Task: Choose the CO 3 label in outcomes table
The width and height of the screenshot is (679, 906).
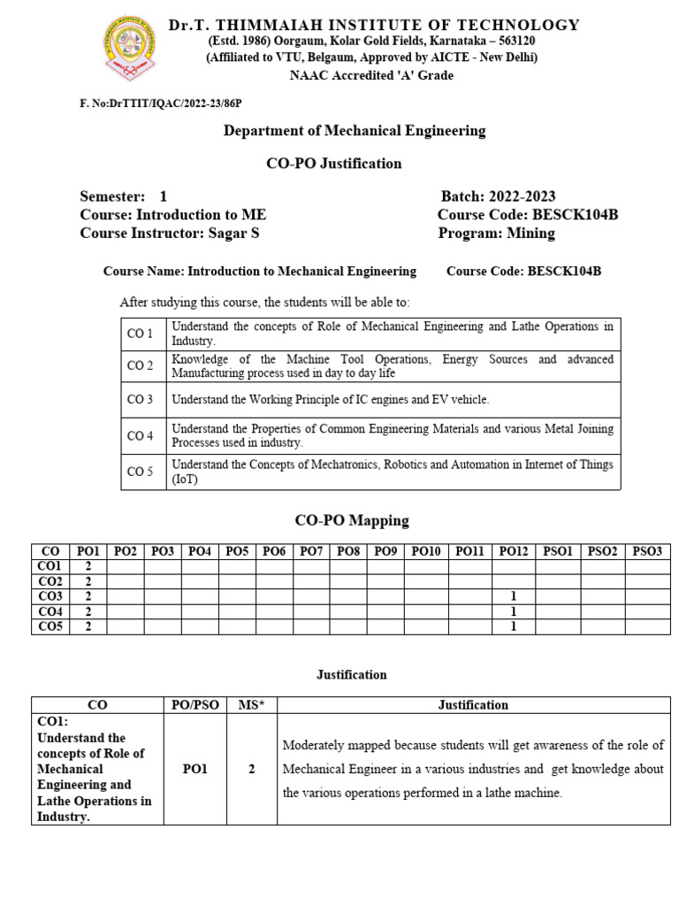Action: click(x=141, y=400)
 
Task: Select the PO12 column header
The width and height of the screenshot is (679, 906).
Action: click(x=513, y=551)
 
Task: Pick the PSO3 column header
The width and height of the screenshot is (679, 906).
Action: click(x=646, y=551)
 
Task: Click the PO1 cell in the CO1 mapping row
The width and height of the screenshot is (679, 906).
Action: click(x=88, y=566)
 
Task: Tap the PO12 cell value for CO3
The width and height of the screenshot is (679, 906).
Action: click(x=513, y=596)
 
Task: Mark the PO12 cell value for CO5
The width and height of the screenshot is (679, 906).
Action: click(x=513, y=626)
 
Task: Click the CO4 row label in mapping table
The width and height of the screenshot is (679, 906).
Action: click(x=50, y=611)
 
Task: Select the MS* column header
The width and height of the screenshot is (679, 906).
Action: click(x=251, y=705)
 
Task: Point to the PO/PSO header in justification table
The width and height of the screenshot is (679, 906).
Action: click(x=195, y=705)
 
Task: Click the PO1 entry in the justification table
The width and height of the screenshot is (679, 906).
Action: click(x=195, y=770)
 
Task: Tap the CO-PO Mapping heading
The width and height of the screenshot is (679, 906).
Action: click(x=351, y=520)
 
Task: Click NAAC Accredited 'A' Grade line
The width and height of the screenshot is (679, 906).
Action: click(x=371, y=76)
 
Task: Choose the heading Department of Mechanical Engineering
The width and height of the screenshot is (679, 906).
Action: click(x=355, y=131)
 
